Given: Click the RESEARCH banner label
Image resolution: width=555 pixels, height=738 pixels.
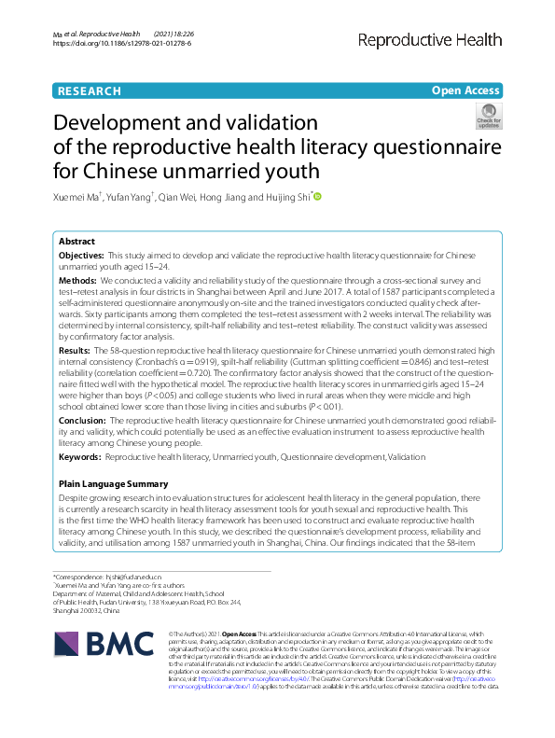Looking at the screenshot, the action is point(89,91).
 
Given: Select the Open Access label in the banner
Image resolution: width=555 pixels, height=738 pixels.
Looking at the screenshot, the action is point(465,91).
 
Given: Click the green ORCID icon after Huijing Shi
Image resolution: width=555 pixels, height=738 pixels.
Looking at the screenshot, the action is point(318,197).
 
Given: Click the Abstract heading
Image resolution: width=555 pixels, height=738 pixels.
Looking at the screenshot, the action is point(76,241).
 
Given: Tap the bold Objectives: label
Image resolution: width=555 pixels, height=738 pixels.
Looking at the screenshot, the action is point(81,255).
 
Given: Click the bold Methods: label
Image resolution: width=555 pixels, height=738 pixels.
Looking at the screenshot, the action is point(77,280).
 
